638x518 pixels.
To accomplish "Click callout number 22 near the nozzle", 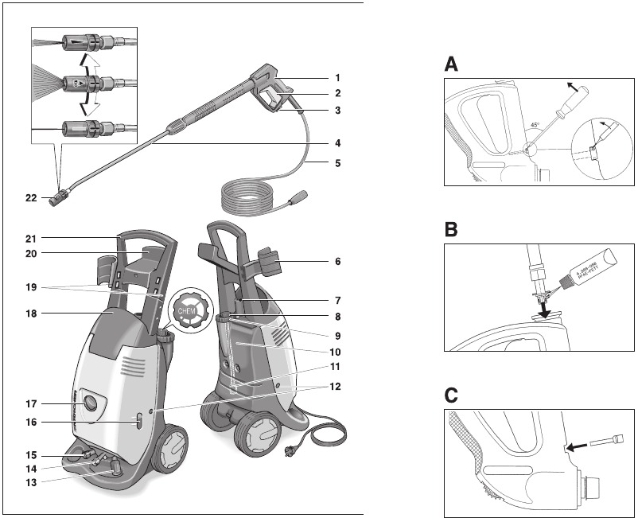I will click(x=30, y=197).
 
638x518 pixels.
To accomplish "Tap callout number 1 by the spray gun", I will click(x=337, y=78).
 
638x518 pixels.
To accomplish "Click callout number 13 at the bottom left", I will click(x=30, y=481).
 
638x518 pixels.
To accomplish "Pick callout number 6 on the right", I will click(x=337, y=261).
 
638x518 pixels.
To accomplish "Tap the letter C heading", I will click(x=451, y=395).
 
